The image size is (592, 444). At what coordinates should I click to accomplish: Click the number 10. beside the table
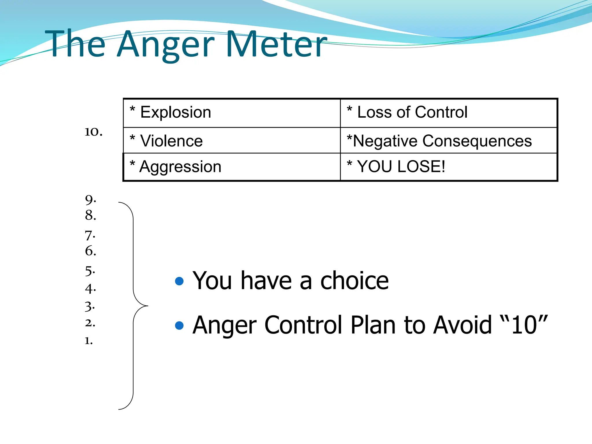click(93, 132)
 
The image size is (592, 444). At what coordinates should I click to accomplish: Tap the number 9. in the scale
click(90, 199)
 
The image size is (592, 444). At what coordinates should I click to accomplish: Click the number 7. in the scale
click(90, 236)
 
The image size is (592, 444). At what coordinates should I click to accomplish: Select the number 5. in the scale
click(90, 271)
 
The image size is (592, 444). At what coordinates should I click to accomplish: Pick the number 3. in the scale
click(90, 306)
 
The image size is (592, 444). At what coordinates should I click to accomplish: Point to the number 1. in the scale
click(88, 341)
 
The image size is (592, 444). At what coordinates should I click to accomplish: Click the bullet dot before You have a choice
click(180, 281)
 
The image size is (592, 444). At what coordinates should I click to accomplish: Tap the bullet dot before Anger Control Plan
click(180, 325)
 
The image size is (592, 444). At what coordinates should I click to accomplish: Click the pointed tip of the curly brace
click(147, 306)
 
